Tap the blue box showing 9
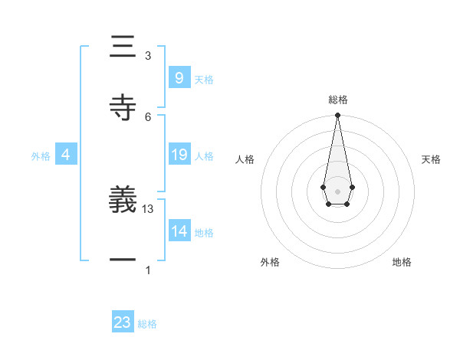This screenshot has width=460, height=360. click(179, 77)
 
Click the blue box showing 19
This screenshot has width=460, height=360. click(179, 155)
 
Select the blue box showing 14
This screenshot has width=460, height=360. click(179, 231)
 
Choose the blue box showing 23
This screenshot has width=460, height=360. click(123, 322)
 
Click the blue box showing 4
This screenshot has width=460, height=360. click(65, 155)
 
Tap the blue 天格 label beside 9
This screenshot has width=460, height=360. click(204, 80)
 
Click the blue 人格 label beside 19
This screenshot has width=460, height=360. click(204, 156)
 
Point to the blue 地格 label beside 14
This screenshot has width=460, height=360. click(204, 233)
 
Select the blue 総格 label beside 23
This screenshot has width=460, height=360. click(147, 324)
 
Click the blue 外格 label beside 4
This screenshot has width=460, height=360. click(41, 156)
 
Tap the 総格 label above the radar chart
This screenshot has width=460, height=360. click(337, 100)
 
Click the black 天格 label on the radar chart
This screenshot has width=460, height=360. click(431, 159)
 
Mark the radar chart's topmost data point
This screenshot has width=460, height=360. click(337, 116)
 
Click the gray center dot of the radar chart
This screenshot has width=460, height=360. click(337, 190)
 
